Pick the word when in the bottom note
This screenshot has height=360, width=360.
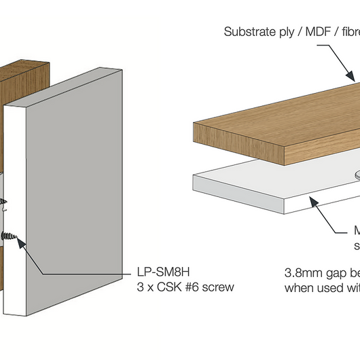[x=298, y=287]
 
